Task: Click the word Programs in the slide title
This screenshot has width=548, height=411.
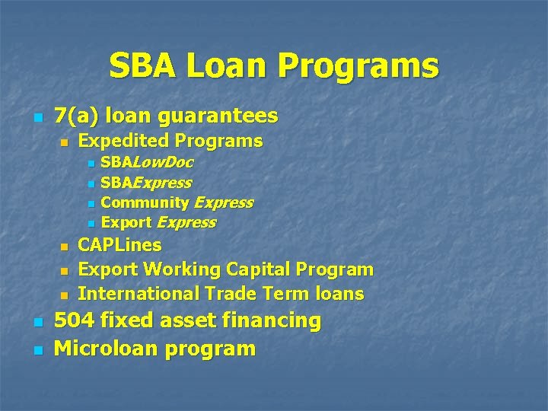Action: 358,66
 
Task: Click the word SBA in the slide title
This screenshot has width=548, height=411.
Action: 140,66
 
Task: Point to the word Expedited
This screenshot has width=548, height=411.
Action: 123,141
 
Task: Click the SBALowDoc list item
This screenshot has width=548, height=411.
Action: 147,162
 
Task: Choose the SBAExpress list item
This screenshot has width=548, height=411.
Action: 146,183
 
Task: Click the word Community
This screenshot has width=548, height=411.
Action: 145,202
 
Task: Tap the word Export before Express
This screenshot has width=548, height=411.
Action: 126,223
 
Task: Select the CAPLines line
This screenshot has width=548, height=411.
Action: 119,245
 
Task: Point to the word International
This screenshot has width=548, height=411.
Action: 136,294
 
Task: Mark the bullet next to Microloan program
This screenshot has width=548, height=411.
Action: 37,351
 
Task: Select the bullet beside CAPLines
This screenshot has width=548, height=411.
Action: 65,247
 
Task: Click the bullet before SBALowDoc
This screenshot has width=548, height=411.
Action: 91,164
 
